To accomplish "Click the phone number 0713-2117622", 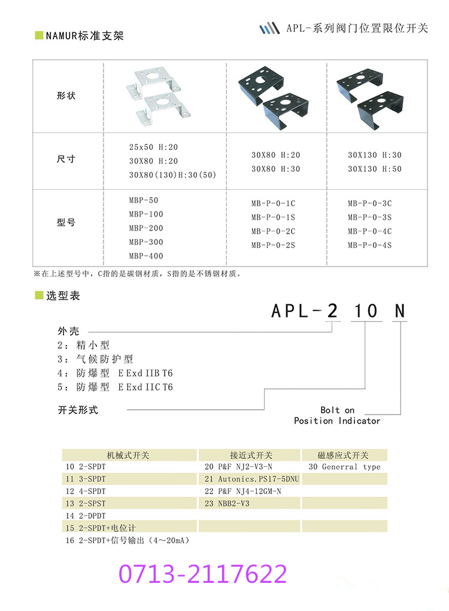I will [x=202, y=574].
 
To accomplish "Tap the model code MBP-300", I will [x=145, y=242].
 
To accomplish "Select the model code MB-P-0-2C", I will [x=273, y=231].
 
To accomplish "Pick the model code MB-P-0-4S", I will [x=369, y=245].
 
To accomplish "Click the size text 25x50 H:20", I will [x=153, y=147].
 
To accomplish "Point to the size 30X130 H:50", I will [x=375, y=169].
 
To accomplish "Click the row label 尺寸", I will [x=66, y=160].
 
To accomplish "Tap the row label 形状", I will [x=66, y=96].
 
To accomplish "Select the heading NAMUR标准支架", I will [x=84, y=36].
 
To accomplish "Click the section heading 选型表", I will [x=63, y=296].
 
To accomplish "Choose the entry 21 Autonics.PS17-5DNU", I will [x=251, y=479].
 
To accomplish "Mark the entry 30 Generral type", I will [x=344, y=467].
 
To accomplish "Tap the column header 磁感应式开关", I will [x=344, y=455].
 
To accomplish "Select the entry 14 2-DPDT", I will [x=86, y=516].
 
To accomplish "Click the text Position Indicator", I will [x=337, y=421].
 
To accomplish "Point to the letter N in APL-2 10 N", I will [x=399, y=311].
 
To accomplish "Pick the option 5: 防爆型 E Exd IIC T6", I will [x=115, y=387].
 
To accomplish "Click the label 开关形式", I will [x=78, y=410].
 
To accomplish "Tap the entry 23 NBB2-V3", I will [x=227, y=504].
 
